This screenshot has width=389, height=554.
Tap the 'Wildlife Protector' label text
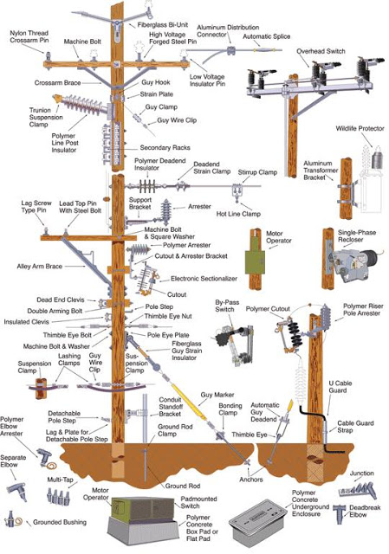(358, 129)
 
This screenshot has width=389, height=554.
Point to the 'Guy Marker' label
(217, 395)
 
